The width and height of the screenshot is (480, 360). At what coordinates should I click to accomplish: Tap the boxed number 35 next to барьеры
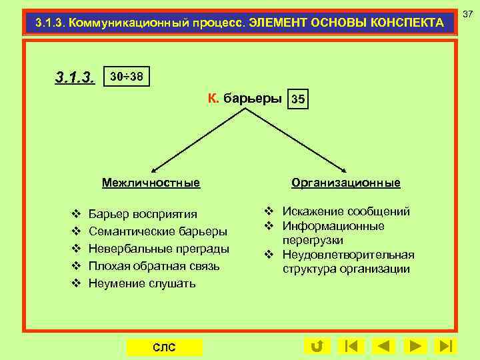pos(299,100)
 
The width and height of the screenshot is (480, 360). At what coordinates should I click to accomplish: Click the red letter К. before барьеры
pos(213,99)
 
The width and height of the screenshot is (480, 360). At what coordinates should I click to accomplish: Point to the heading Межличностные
pos(151,182)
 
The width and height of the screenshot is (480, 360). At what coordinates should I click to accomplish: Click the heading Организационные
pos(345,183)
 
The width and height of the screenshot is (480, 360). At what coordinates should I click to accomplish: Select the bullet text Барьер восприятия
pos(143,214)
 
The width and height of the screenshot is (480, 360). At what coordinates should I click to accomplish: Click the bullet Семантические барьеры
pos(157,231)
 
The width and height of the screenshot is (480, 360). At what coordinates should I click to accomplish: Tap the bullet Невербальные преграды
pos(159,249)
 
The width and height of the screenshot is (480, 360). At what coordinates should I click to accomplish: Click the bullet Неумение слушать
pos(142,283)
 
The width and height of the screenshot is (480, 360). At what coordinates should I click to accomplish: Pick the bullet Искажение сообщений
pos(346,212)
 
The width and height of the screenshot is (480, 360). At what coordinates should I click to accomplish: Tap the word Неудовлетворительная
pos(348,255)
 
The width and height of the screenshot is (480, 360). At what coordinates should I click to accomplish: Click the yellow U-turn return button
pos(317,346)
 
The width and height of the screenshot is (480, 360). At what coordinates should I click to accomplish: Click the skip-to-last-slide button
pos(445,346)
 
